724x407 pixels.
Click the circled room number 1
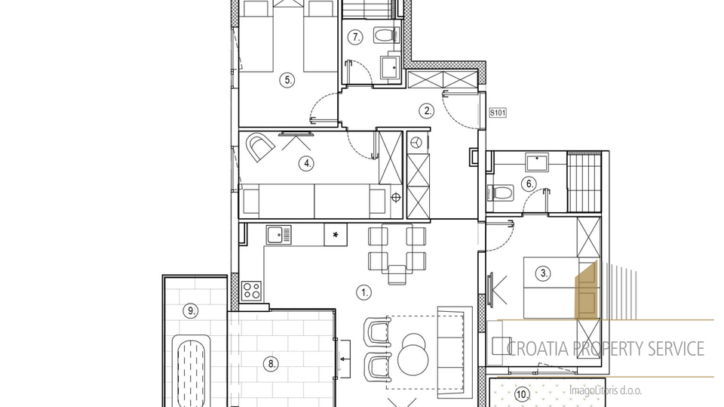(x=364, y=292)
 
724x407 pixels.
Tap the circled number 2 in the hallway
(x=427, y=111)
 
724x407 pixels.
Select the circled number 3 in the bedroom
(x=544, y=273)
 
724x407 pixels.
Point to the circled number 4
(x=306, y=163)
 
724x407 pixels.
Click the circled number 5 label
(x=287, y=80)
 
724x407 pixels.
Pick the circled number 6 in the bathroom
(x=529, y=184)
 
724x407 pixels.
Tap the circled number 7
(x=355, y=37)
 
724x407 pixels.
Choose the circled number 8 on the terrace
(x=271, y=364)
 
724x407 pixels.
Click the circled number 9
(x=190, y=311)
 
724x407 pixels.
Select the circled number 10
(x=522, y=395)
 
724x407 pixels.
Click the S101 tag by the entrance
(x=498, y=113)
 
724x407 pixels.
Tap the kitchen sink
(x=279, y=235)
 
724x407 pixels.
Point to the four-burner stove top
(x=252, y=291)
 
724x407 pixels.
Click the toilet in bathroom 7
(x=386, y=35)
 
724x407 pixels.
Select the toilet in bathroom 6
(x=501, y=193)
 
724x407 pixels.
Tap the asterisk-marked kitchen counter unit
(x=336, y=235)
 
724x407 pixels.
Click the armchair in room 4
(x=259, y=146)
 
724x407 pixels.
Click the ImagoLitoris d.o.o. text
(x=606, y=391)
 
